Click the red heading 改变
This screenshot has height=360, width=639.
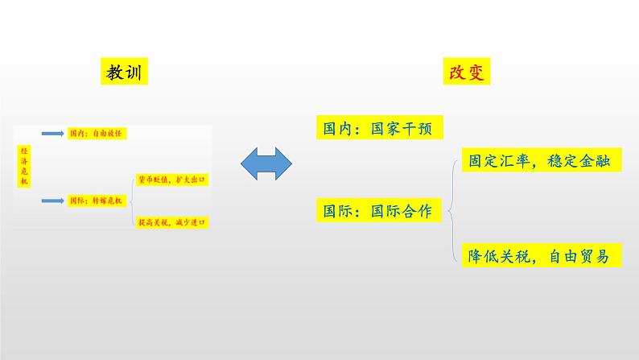click(x=468, y=72)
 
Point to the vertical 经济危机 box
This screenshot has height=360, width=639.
click(x=23, y=166)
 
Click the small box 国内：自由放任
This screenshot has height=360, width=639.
click(x=94, y=133)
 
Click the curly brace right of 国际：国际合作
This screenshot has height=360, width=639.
click(x=453, y=211)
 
